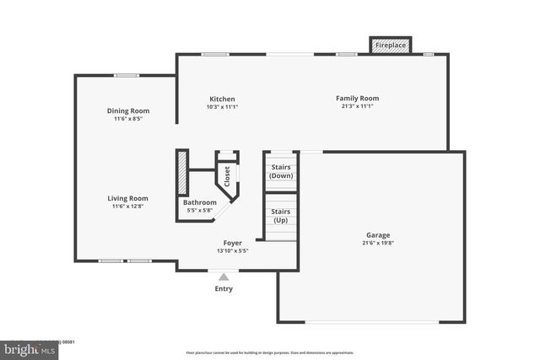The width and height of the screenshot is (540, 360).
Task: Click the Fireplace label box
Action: pos(390,45)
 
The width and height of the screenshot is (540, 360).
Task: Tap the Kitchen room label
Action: pos(222,99)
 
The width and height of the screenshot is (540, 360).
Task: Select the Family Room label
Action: pos(357,98)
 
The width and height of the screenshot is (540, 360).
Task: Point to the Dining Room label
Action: pos(128,110)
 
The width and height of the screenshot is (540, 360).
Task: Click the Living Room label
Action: pos(127,198)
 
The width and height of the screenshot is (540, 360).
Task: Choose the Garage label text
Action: pos(378,235)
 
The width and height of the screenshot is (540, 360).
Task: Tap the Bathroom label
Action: pos(200,202)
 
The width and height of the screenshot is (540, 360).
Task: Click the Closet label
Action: pos(227,175)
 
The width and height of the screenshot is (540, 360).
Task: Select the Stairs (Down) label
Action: pos(280,171)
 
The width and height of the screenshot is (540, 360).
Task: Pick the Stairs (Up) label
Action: pos(280,217)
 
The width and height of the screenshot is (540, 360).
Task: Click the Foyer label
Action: pos(233,242)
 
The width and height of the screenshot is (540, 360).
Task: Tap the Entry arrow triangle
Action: pos(224,277)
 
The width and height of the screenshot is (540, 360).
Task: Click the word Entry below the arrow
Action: pos(224,288)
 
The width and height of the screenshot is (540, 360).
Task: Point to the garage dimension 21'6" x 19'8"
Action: pos(378,244)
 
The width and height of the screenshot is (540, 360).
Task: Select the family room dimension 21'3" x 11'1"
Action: pos(357,106)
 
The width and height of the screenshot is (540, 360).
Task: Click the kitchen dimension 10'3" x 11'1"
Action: pos(222,107)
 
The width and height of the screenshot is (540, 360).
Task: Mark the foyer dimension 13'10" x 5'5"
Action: pos(233,250)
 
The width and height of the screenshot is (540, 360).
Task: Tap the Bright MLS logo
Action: pos(30,347)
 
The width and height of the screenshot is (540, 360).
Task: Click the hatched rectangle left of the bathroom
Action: pos(181,173)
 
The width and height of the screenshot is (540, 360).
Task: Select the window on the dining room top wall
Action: pos(127,76)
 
